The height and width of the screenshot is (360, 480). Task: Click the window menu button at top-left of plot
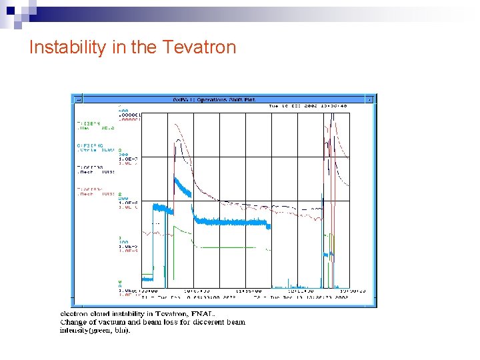point(77,99)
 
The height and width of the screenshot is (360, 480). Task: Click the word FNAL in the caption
point(205,313)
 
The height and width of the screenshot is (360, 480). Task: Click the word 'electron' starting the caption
point(75,313)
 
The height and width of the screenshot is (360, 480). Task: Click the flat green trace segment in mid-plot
point(227,247)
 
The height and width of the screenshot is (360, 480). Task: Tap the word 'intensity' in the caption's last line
point(73,330)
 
